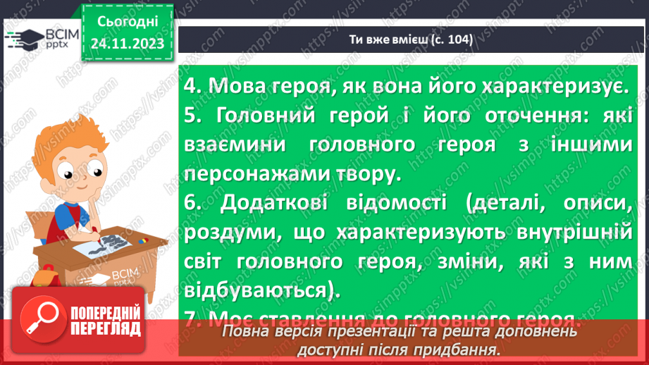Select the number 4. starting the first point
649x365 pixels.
[x=192, y=86]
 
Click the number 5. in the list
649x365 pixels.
[x=192, y=115]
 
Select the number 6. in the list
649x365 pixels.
[x=192, y=203]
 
